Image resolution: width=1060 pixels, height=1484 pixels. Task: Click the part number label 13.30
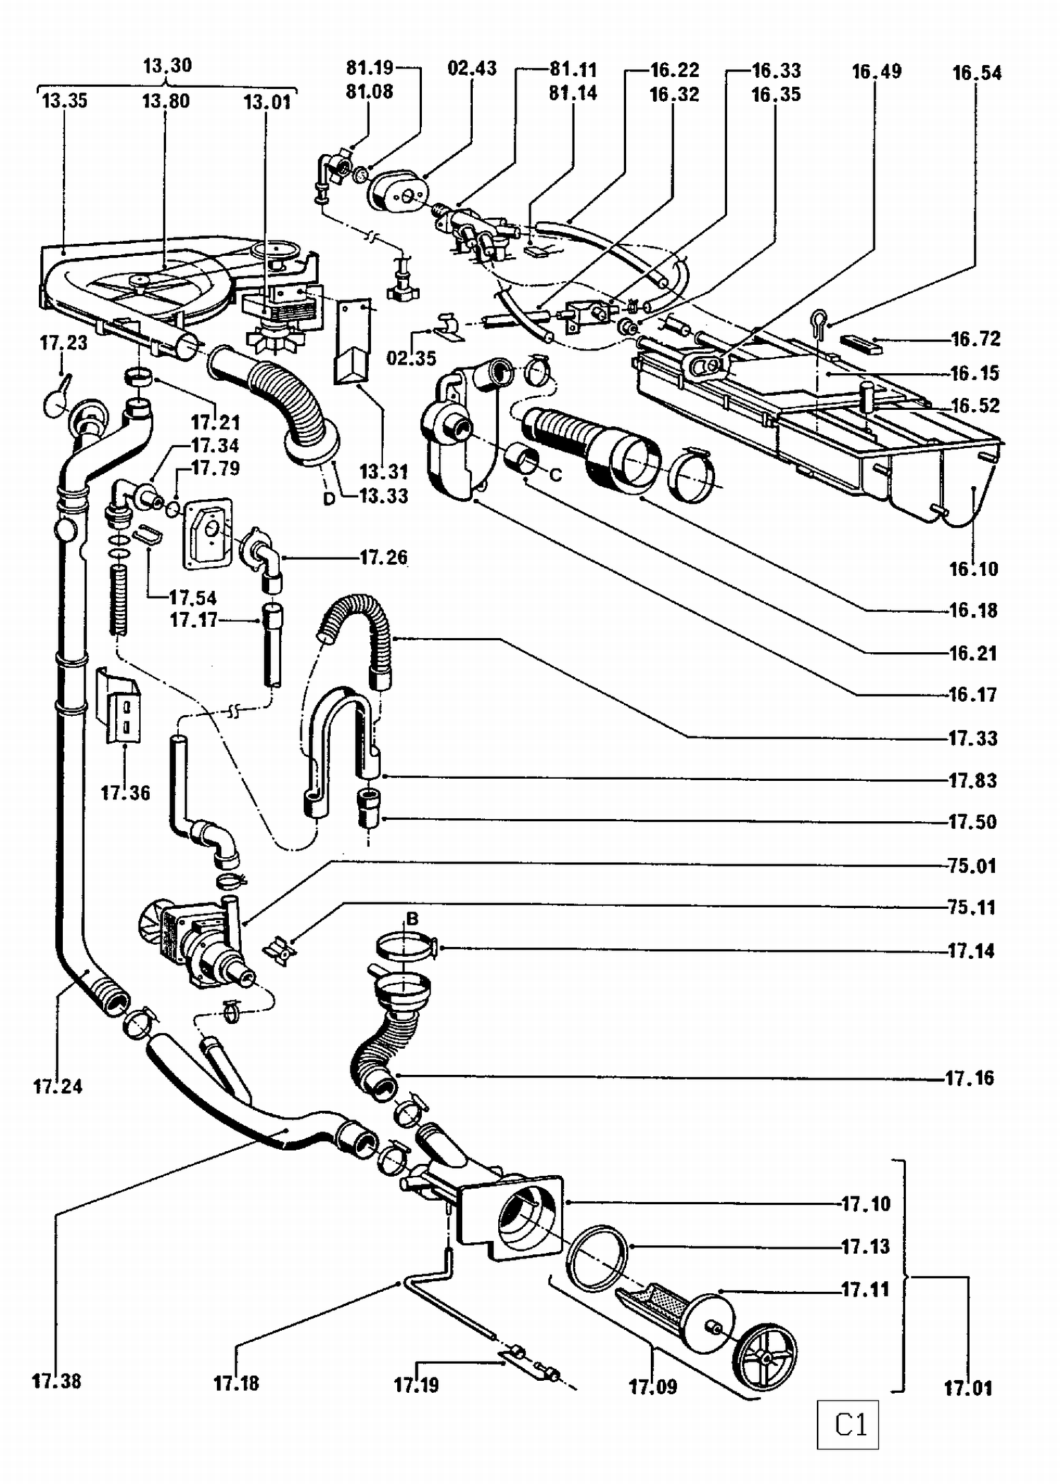pyautogui.click(x=167, y=66)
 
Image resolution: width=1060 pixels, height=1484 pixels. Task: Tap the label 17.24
pyautogui.click(x=58, y=1086)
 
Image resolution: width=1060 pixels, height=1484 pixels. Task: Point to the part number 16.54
pyautogui.click(x=977, y=73)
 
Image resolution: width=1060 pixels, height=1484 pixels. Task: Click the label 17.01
pyautogui.click(x=968, y=1388)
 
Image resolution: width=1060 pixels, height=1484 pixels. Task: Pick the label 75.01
pyautogui.click(x=972, y=865)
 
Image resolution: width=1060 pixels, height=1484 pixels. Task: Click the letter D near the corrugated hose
pyautogui.click(x=329, y=499)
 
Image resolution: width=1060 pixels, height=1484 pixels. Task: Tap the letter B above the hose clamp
pyautogui.click(x=412, y=919)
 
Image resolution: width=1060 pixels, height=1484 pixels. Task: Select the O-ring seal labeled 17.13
pyautogui.click(x=597, y=1259)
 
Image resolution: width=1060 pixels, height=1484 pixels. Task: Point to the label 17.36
pyautogui.click(x=125, y=793)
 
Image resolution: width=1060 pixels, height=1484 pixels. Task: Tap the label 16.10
pyautogui.click(x=973, y=569)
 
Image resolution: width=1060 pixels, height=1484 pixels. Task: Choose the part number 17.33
pyautogui.click(x=972, y=738)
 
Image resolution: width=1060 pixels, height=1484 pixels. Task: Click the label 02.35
pyautogui.click(x=411, y=358)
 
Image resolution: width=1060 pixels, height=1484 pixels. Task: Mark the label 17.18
pyautogui.click(x=236, y=1383)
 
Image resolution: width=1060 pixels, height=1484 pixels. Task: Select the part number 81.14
pyautogui.click(x=573, y=93)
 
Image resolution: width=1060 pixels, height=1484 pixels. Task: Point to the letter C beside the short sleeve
pyautogui.click(x=555, y=476)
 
